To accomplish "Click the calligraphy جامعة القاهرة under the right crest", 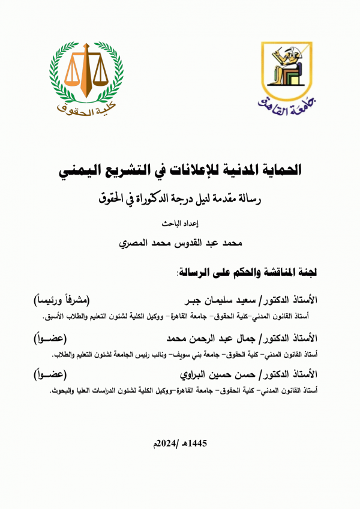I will click(x=286, y=106).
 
